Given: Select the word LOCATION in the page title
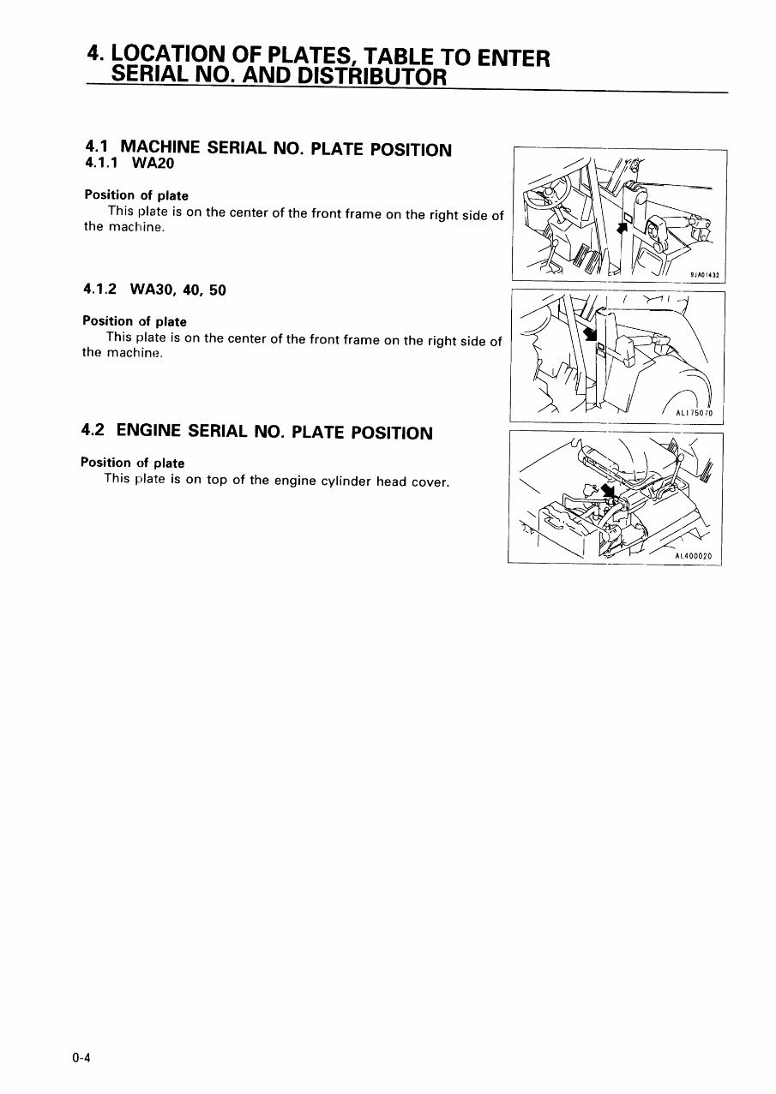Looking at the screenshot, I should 171,56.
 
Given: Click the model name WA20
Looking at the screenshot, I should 155,164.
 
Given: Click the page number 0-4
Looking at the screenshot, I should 81,1058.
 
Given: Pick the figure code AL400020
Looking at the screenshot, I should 694,556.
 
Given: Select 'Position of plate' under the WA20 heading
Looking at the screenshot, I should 136,195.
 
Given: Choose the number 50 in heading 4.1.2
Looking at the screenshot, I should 217,290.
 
